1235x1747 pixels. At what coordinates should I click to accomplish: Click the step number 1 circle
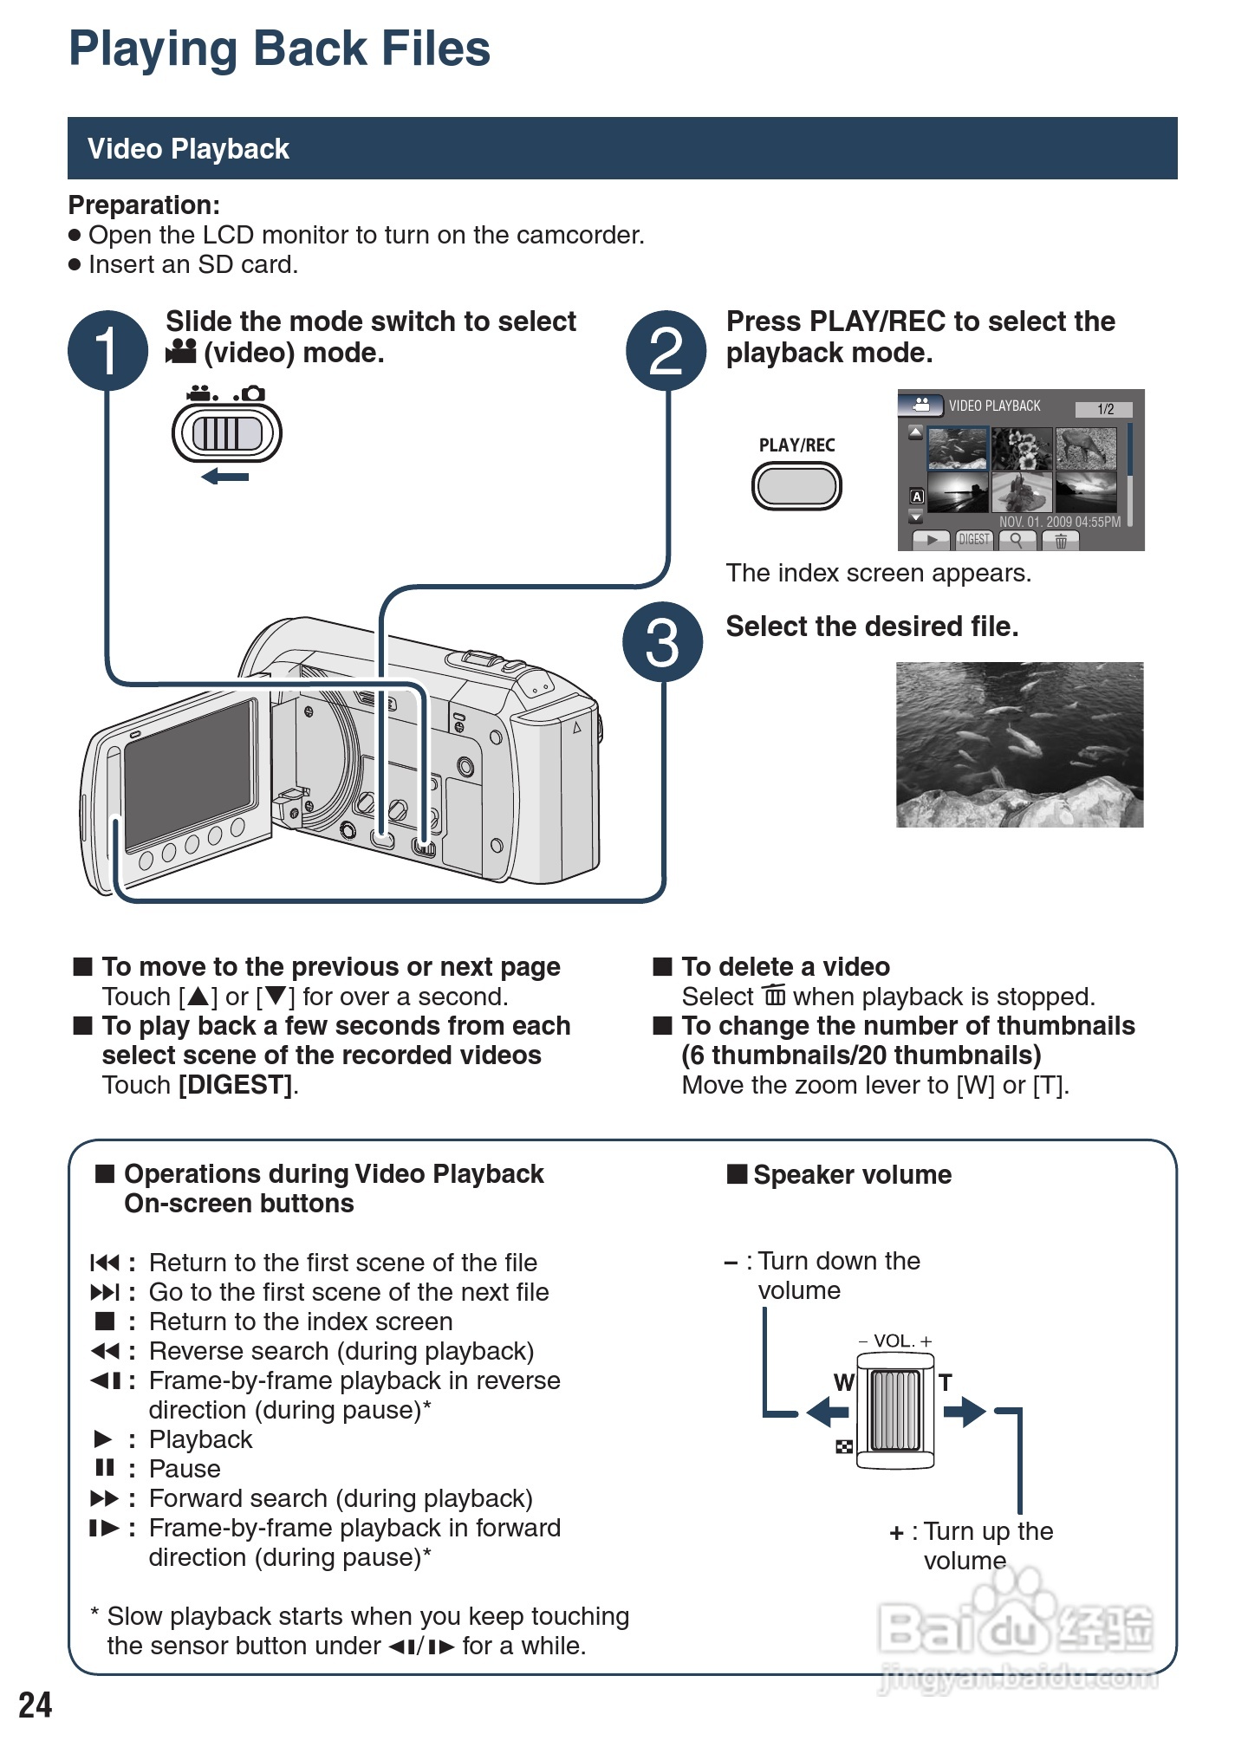[107, 351]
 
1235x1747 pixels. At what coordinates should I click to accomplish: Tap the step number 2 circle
[666, 351]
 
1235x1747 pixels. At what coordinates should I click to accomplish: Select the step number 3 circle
[662, 642]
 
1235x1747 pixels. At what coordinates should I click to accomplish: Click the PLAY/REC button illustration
[796, 486]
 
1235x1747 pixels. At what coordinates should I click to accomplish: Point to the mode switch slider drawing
[227, 433]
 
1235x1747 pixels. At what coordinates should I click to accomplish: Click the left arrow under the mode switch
[225, 477]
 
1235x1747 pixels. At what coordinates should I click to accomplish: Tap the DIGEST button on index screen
[974, 540]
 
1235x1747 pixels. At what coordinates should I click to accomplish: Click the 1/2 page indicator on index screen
[1104, 409]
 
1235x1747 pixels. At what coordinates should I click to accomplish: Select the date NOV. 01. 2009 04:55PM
[1059, 522]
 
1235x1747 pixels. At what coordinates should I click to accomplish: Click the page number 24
[36, 1705]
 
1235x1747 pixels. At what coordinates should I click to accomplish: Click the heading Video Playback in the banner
[188, 149]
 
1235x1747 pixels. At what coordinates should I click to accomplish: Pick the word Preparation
[144, 205]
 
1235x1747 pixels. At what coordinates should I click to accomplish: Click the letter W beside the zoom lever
[843, 1382]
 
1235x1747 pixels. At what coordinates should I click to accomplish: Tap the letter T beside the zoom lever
[946, 1382]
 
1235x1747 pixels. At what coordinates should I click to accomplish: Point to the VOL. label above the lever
[895, 1341]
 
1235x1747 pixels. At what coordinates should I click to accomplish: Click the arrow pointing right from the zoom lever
[965, 1412]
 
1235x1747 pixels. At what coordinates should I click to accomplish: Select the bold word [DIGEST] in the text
[235, 1085]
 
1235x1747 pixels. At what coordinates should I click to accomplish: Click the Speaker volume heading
[852, 1175]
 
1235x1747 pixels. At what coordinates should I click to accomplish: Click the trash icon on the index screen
[1060, 541]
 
